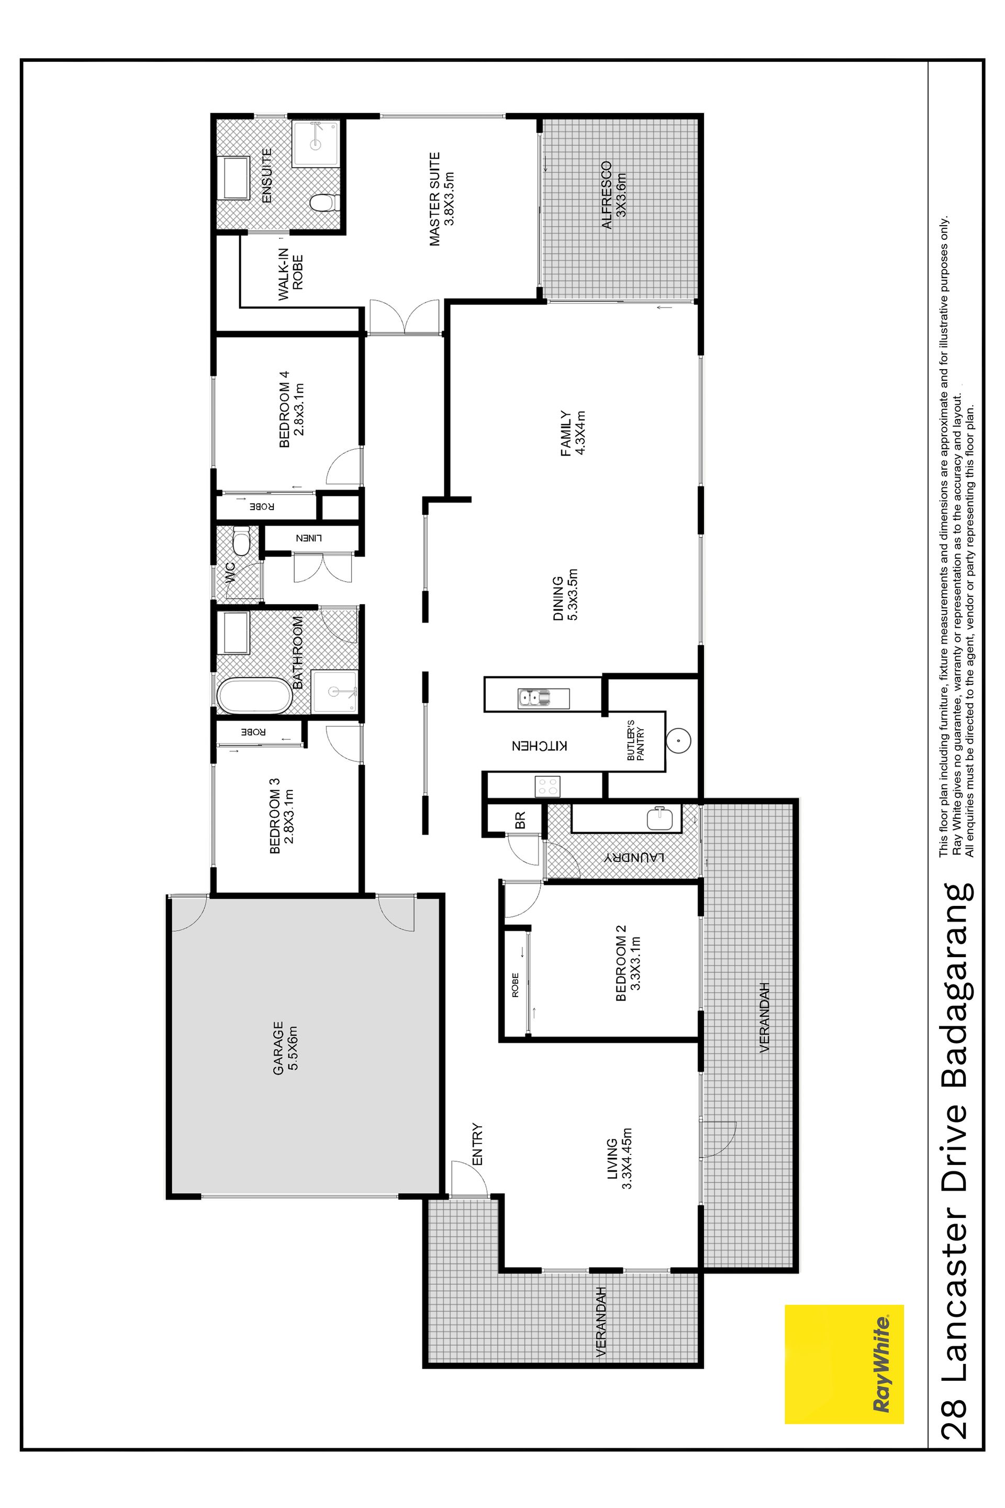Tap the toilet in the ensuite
click(322, 203)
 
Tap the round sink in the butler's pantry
click(678, 741)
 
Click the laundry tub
click(660, 818)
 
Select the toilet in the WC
click(241, 540)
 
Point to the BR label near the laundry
click(520, 820)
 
